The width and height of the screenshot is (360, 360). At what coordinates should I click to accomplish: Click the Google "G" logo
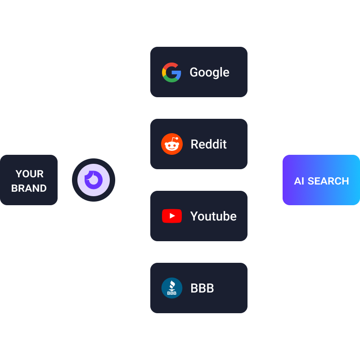(x=171, y=72)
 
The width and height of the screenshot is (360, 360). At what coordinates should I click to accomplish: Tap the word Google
(x=209, y=72)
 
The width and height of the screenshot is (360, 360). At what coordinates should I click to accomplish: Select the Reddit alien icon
(x=172, y=144)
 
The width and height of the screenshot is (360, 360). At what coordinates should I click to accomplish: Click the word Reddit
(x=208, y=144)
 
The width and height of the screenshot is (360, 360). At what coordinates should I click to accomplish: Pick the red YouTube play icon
(x=172, y=216)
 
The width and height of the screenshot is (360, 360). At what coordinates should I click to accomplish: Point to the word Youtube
(x=213, y=216)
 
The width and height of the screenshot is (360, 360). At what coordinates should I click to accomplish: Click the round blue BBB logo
(x=172, y=288)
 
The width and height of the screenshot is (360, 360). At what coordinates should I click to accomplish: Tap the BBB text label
(x=202, y=288)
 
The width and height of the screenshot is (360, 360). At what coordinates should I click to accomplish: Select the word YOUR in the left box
(x=29, y=174)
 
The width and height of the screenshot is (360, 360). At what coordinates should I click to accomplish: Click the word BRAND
(x=29, y=188)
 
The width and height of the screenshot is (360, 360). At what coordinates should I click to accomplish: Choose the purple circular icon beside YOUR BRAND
(x=94, y=180)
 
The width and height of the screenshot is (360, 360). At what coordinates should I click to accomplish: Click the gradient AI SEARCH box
(x=321, y=180)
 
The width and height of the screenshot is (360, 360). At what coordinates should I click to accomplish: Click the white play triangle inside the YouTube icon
(x=172, y=216)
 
